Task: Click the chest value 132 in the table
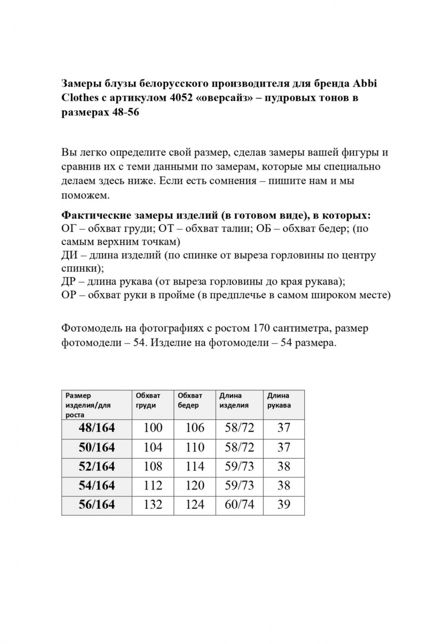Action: tap(153, 505)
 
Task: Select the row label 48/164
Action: tap(97, 428)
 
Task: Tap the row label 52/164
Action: tap(97, 466)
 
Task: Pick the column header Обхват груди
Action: tap(148, 400)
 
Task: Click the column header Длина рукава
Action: tap(279, 400)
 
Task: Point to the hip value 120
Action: tap(195, 486)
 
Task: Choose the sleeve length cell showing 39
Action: tap(284, 505)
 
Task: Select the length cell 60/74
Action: tap(239, 505)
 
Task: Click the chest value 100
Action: tap(153, 428)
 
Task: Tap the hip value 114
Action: tap(195, 466)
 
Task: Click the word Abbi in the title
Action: tap(365, 83)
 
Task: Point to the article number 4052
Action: tap(183, 98)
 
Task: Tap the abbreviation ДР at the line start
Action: tap(69, 281)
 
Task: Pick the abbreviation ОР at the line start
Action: tap(69, 295)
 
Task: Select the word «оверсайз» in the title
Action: tap(228, 98)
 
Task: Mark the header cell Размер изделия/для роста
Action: tap(89, 405)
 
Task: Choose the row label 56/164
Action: tap(97, 505)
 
